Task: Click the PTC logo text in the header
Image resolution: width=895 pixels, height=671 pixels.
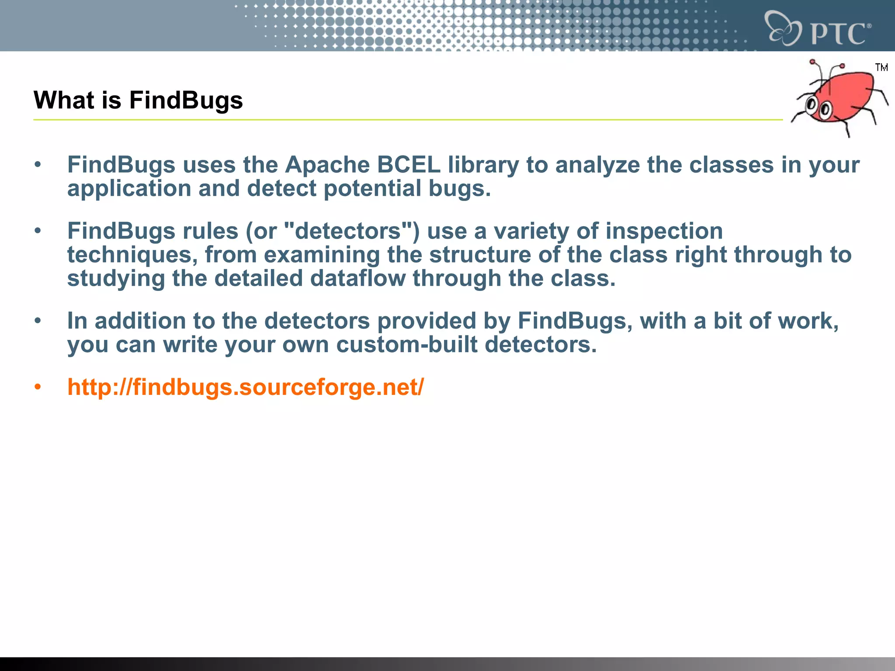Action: point(838,33)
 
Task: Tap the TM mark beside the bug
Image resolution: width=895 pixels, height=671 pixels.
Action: point(881,67)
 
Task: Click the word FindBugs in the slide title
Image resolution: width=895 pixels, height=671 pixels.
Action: point(186,100)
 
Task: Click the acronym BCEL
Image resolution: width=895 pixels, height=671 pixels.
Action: point(409,165)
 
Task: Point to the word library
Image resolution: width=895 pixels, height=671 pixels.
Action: point(483,165)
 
